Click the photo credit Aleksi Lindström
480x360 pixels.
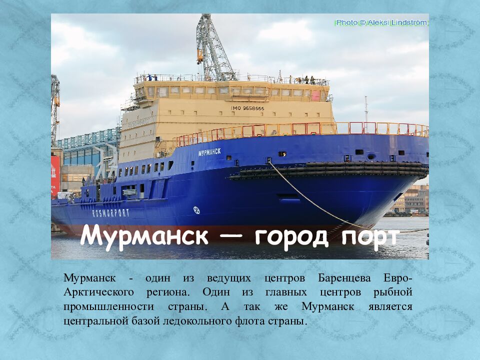381,22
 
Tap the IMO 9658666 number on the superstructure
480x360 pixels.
247,108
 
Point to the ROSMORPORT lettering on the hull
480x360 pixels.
110,212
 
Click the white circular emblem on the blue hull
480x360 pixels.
196,210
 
